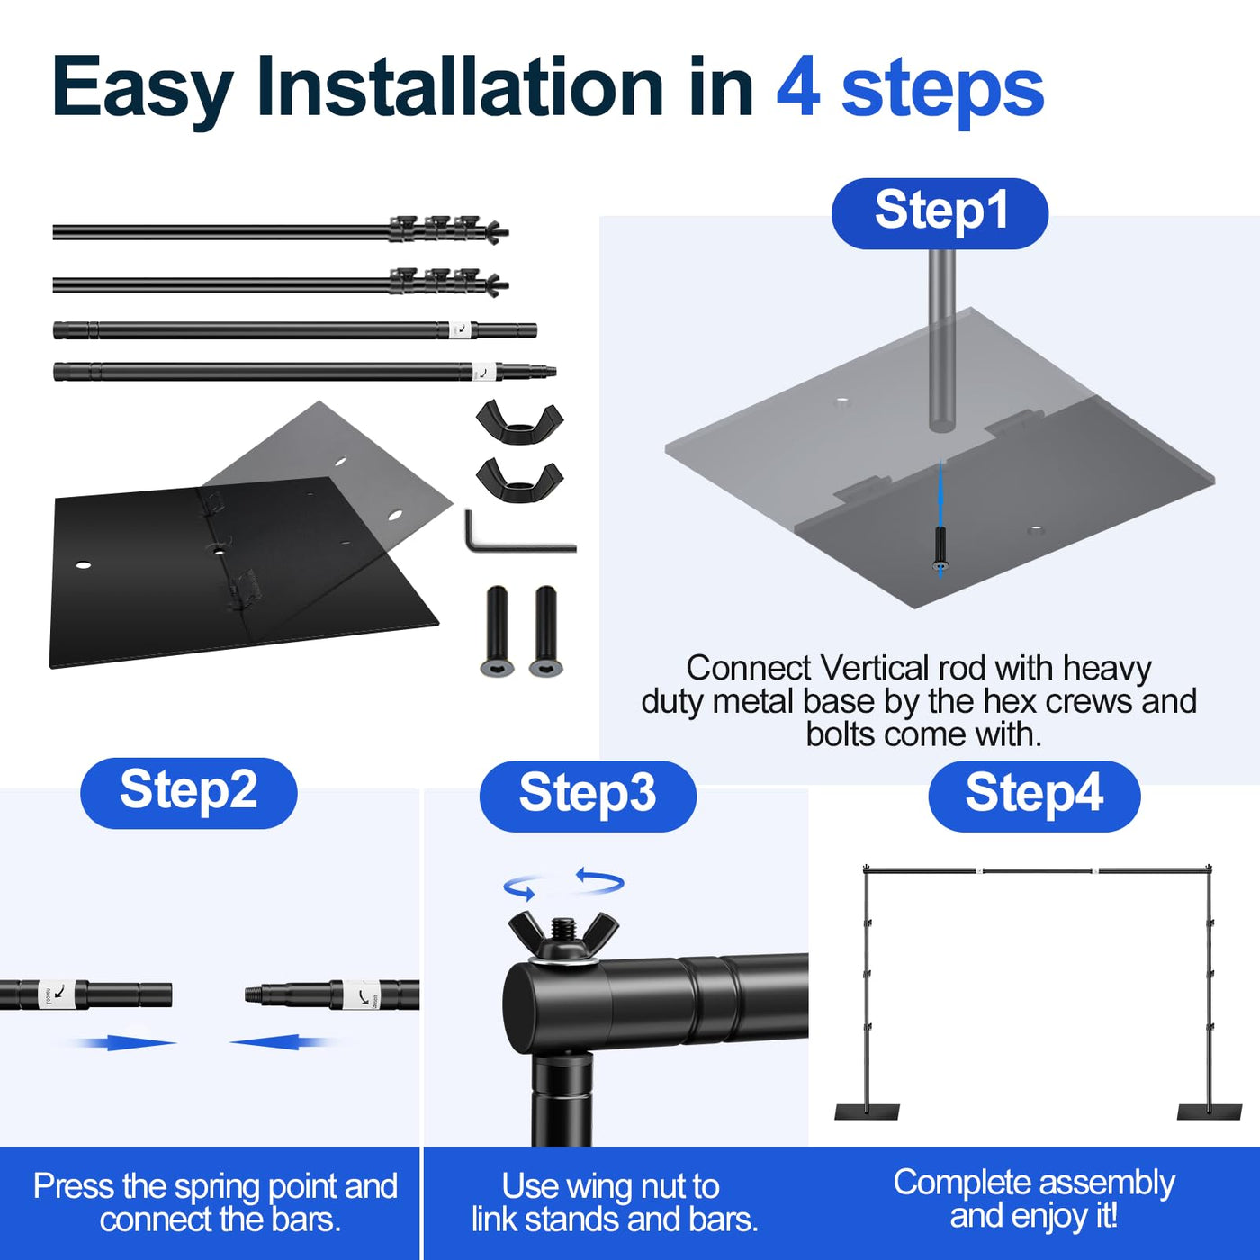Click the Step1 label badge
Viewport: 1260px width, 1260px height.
pyautogui.click(x=940, y=213)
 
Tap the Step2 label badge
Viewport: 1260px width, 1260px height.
pyautogui.click(x=188, y=792)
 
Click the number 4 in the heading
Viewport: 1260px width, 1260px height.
pyautogui.click(x=798, y=87)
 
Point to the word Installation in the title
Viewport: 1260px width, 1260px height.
pyautogui.click(x=460, y=87)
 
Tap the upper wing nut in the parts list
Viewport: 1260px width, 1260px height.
pyautogui.click(x=519, y=422)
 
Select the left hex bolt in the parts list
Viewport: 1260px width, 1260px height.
pyautogui.click(x=497, y=630)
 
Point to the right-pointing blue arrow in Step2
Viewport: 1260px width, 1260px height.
pyautogui.click(x=126, y=1042)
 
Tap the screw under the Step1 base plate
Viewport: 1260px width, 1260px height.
pyautogui.click(x=940, y=549)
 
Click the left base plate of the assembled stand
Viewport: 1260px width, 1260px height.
pyautogui.click(x=867, y=1112)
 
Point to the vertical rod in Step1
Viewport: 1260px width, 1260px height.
pyautogui.click(x=941, y=342)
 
